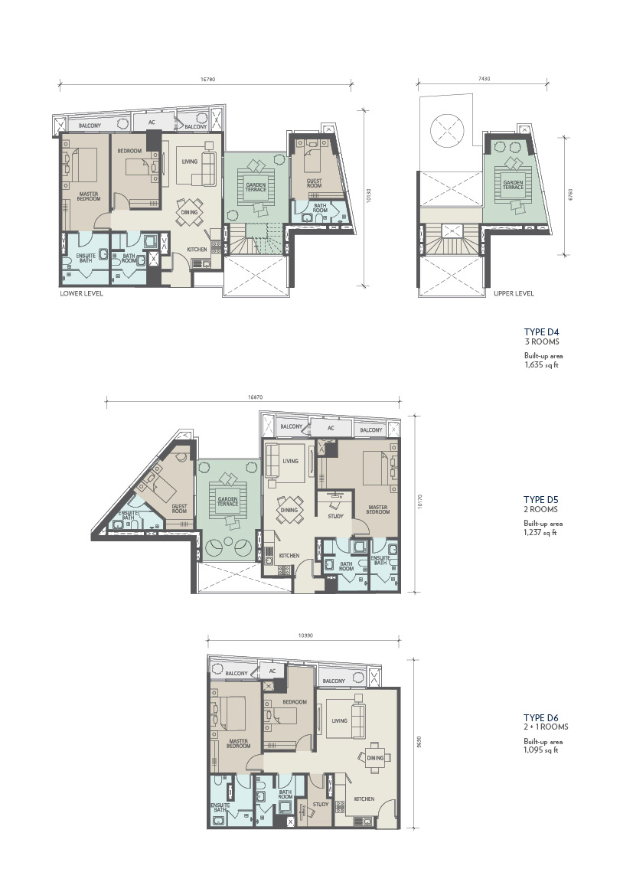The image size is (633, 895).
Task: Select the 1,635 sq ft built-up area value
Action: [541, 364]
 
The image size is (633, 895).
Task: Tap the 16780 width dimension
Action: [207, 80]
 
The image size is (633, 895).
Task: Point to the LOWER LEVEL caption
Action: [82, 293]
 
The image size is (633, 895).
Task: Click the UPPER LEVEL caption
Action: [514, 293]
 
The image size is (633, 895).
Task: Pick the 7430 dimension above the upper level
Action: [484, 80]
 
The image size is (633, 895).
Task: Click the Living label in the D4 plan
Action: [190, 162]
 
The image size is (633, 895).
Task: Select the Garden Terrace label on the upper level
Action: [513, 185]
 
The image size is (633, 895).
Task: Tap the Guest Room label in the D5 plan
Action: [179, 508]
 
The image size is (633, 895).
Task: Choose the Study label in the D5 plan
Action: [335, 516]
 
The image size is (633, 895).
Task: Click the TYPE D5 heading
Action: [540, 500]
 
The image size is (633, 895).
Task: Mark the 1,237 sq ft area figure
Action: [540, 533]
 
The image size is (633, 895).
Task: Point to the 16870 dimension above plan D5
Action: [255, 397]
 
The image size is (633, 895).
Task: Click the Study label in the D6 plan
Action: [321, 804]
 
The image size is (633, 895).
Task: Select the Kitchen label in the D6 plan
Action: [364, 799]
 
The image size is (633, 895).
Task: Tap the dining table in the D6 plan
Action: [374, 757]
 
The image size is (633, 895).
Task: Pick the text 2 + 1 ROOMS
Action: [546, 727]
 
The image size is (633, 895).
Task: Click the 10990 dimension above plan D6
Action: [305, 635]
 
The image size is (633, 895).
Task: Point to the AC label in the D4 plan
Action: [152, 122]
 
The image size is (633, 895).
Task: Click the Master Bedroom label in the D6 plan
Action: [239, 743]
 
